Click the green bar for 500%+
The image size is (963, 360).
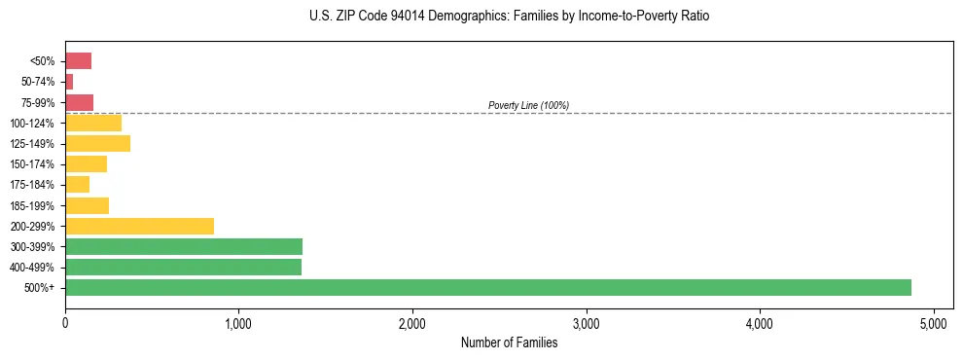click(487, 287)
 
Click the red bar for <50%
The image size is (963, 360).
click(78, 61)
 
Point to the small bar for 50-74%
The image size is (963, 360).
click(69, 82)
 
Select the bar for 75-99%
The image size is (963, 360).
click(79, 102)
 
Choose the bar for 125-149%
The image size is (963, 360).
click(97, 144)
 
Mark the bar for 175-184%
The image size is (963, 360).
click(77, 185)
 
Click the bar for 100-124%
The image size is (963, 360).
click(93, 123)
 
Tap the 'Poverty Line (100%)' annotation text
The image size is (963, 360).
click(528, 105)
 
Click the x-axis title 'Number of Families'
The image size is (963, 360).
click(509, 342)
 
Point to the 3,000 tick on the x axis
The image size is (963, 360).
click(586, 323)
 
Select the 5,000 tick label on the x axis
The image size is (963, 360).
click(933, 323)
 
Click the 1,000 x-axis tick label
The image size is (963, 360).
click(238, 323)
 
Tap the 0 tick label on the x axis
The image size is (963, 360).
click(65, 323)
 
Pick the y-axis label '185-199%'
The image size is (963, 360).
click(32, 205)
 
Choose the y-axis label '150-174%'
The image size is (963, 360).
click(32, 164)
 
